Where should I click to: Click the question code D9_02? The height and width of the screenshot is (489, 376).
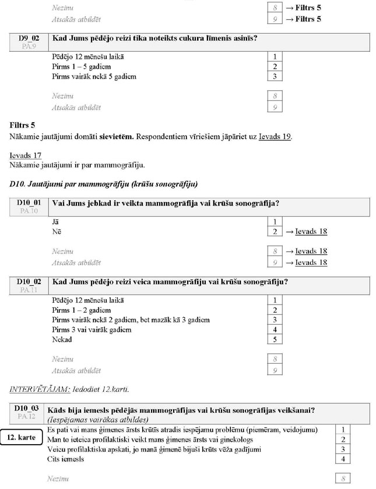point(28,38)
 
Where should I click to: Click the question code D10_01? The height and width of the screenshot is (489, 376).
point(29,203)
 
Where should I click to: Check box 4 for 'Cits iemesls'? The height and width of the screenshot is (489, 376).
point(343,459)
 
